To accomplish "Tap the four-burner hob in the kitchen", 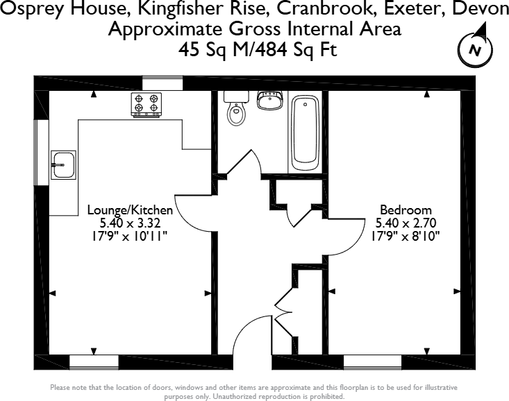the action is pyautogui.click(x=146, y=104).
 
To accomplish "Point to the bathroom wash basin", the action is pyautogui.click(x=269, y=101).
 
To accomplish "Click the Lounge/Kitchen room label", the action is pyautogui.click(x=130, y=210).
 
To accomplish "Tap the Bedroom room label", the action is pyautogui.click(x=406, y=210).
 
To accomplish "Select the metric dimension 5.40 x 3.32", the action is pyautogui.click(x=130, y=223).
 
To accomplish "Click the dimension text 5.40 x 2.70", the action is pyautogui.click(x=406, y=223).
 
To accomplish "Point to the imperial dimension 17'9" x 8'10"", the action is pyautogui.click(x=406, y=236).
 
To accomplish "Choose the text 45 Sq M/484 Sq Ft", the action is pyautogui.click(x=254, y=50).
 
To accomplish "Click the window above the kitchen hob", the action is pyautogui.click(x=162, y=84).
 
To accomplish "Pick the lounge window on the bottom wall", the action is pyautogui.click(x=94, y=361).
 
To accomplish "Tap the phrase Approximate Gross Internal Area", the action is pyautogui.click(x=254, y=30).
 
